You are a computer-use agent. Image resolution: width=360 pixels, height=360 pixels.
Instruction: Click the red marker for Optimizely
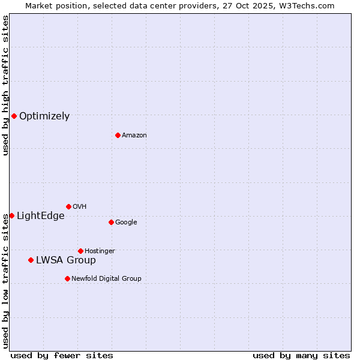(x=14, y=116)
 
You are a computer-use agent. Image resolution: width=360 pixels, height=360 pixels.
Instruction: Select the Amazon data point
(x=118, y=135)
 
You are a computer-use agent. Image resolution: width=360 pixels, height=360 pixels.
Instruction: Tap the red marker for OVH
(x=68, y=206)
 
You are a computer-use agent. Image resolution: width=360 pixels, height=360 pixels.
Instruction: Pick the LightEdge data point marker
(x=11, y=215)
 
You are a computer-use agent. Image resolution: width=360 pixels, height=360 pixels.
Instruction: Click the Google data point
(x=111, y=222)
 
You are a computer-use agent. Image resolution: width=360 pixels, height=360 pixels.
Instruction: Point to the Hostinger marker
(x=80, y=251)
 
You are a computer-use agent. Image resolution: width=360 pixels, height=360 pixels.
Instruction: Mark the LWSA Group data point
(x=31, y=260)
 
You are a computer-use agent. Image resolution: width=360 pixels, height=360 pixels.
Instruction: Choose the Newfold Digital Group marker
(x=67, y=278)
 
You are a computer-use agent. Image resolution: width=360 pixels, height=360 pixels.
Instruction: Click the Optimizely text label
(x=44, y=116)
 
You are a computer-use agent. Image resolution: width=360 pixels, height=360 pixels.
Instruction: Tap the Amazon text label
(x=134, y=136)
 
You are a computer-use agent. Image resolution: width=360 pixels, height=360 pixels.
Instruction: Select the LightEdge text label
(x=40, y=216)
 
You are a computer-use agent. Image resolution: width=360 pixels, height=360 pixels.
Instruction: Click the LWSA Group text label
(x=66, y=260)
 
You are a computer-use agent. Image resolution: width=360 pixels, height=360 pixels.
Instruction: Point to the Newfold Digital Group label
(x=106, y=279)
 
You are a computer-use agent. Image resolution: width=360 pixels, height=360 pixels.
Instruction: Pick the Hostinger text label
(x=100, y=251)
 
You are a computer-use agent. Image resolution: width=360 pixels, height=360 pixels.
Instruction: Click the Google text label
(x=126, y=223)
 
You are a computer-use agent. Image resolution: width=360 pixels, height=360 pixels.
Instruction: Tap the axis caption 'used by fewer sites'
(x=62, y=356)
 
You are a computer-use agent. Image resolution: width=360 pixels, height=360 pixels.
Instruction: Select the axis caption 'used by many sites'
(x=301, y=356)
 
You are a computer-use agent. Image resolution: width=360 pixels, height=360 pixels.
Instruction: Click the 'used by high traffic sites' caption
(x=5, y=86)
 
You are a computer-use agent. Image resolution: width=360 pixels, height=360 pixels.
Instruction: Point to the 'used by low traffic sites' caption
(x=5, y=281)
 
